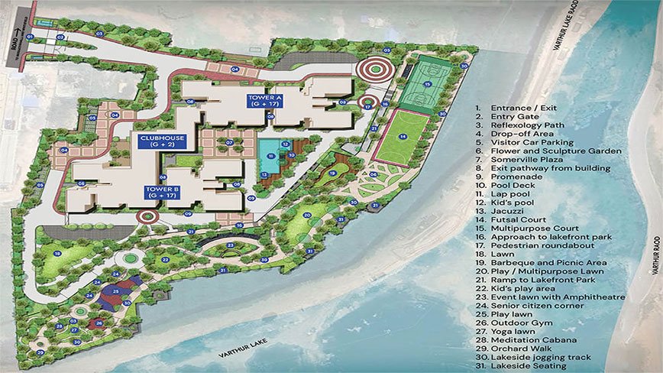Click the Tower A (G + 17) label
264,101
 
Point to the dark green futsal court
422,86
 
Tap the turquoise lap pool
270,159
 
